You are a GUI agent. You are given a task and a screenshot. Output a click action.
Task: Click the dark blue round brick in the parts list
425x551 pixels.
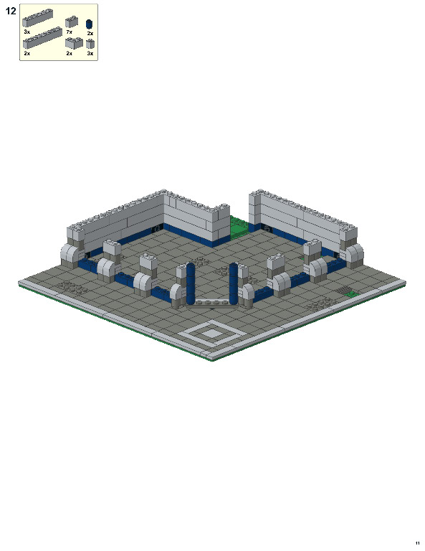click(90, 24)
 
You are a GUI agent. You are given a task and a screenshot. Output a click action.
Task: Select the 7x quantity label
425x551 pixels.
click(69, 32)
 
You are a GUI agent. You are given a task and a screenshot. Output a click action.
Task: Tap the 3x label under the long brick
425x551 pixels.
click(27, 32)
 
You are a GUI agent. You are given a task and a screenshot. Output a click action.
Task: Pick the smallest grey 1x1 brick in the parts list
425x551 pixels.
click(90, 44)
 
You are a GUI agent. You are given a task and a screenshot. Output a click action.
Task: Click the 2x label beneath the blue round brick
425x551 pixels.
click(90, 33)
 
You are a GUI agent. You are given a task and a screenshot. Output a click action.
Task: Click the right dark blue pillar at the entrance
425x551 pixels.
click(234, 282)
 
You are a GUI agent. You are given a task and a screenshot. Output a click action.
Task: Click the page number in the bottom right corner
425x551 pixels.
click(416, 542)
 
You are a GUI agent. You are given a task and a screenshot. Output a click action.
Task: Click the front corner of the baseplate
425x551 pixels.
click(212, 361)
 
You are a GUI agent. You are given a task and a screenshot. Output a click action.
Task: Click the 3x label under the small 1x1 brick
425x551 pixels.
click(90, 53)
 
